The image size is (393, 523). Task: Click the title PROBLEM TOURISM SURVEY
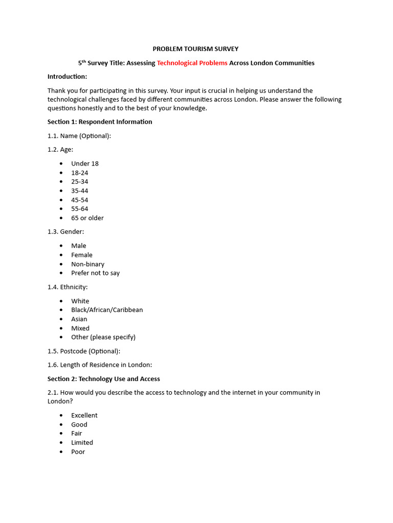click(196, 49)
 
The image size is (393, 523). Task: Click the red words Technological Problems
click(192, 63)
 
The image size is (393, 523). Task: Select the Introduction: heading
click(67, 77)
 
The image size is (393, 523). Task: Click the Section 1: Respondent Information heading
click(100, 122)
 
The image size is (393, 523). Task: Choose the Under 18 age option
click(85, 163)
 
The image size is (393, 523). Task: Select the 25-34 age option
click(80, 182)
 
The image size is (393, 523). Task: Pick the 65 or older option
click(88, 218)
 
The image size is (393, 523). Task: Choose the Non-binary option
click(88, 264)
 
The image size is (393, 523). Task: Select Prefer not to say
click(95, 273)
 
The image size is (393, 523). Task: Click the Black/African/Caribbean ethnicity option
click(107, 310)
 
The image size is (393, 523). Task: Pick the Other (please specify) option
click(103, 337)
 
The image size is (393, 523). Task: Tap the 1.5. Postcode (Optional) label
click(84, 351)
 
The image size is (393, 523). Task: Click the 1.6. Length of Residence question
click(100, 365)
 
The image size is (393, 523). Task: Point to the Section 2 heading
click(104, 379)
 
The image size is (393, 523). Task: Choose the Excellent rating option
click(84, 416)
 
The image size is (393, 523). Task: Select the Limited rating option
click(82, 443)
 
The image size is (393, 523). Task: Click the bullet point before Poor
click(61, 452)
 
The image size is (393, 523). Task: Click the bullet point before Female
click(61, 255)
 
